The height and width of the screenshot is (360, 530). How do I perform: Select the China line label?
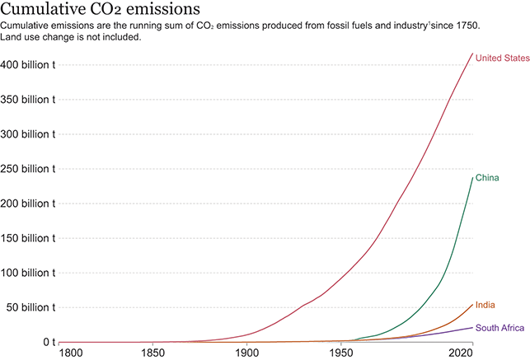click(487, 178)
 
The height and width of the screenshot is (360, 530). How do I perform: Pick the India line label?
click(485, 306)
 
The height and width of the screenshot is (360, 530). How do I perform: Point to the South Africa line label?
click(500, 328)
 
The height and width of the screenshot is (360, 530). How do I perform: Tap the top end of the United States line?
click(472, 54)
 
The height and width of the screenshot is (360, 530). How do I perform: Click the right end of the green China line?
click(472, 178)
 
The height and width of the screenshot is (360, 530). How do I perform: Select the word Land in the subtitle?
click(12, 38)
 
